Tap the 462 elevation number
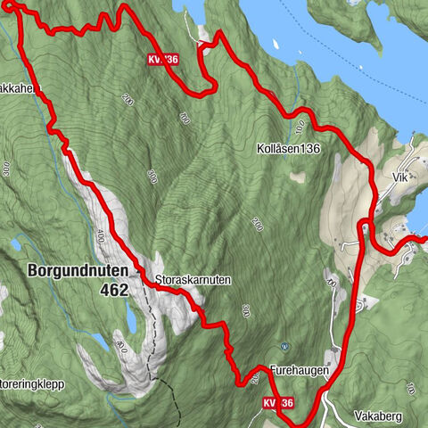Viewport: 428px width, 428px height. point(114,290)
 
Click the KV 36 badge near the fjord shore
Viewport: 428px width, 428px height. point(164,60)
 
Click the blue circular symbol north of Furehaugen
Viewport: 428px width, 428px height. point(284,345)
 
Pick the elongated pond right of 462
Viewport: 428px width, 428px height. point(133,317)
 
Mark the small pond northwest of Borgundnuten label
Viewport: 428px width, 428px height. point(17,243)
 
